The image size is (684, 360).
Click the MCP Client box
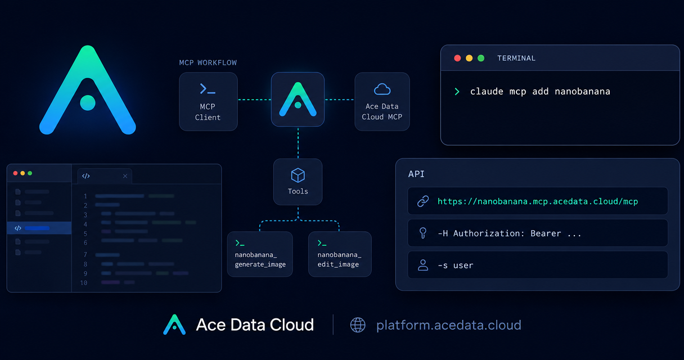[208, 102]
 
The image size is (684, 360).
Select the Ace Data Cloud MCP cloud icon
[382, 89]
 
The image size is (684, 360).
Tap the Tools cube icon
[298, 175]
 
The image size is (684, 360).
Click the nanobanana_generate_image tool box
[260, 254]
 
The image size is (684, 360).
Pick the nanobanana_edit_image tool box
[340, 254]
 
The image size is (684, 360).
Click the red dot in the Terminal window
[457, 58]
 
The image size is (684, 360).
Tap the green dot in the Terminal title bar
[481, 58]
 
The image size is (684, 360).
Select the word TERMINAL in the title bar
[516, 58]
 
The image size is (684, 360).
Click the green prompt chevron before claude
[457, 92]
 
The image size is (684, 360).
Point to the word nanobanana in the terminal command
[582, 91]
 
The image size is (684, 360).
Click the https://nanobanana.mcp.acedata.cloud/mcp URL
[538, 201]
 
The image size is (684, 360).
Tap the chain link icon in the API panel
[423, 201]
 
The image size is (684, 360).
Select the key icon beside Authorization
[423, 233]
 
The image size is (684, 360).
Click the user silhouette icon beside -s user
[423, 265]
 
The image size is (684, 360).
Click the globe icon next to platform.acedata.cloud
[358, 325]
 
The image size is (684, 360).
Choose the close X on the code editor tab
[125, 176]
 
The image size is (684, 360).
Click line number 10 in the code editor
[84, 283]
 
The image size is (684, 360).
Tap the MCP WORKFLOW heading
[208, 62]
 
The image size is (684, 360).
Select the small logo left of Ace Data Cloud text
[174, 325]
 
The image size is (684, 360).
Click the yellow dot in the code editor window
[22, 173]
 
